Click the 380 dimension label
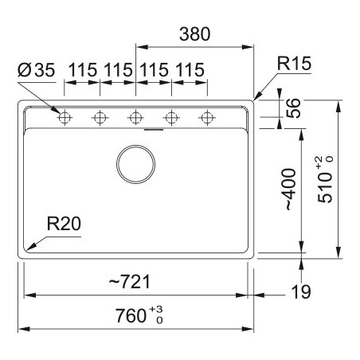point(195,34)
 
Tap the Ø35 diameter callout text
point(37,70)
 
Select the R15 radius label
point(294,64)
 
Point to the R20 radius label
point(64,224)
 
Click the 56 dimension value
point(294,108)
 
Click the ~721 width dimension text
point(130,282)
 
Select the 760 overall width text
point(131,315)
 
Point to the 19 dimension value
point(301,292)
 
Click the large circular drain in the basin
point(135,164)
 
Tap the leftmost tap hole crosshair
point(65,117)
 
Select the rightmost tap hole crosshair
point(207,117)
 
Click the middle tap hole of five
point(135,117)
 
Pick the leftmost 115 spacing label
point(83,70)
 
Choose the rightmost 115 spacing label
point(190,70)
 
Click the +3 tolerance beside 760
point(156,310)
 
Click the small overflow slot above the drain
point(154,130)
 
